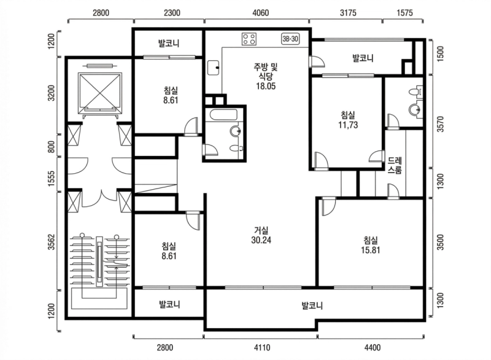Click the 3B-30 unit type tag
(290, 39)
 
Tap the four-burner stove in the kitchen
(249, 39)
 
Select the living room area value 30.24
(261, 240)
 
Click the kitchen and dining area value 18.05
(266, 86)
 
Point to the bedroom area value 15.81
(371, 250)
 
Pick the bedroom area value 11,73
(348, 125)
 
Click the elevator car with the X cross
(99, 93)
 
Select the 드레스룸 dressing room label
(395, 165)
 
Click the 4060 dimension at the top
(260, 13)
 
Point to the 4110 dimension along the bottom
(262, 348)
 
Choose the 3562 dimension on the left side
(52, 242)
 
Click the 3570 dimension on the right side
(440, 124)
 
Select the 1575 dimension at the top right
(404, 13)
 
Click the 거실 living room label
(261, 230)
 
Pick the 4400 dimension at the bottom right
(373, 348)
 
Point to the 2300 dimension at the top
(172, 13)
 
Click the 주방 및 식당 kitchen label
(266, 71)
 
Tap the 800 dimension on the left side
(52, 146)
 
